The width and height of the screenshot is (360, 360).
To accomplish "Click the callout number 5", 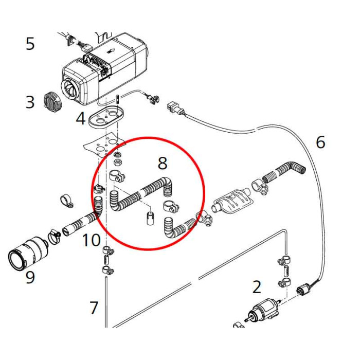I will [x=30, y=44].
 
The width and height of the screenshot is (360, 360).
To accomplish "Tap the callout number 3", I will [x=30, y=102].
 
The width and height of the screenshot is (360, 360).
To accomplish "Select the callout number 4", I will [x=80, y=119].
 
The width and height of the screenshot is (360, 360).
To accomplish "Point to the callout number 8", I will [x=163, y=164].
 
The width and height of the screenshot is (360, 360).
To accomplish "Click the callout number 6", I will [x=320, y=142].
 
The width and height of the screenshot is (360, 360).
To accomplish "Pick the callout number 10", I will [x=91, y=240].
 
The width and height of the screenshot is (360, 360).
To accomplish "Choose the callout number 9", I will [x=30, y=278].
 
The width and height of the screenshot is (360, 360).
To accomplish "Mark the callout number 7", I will [x=94, y=308].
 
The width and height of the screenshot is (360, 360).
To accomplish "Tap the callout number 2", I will [x=257, y=287].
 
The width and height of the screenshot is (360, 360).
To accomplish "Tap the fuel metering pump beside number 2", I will [x=263, y=310].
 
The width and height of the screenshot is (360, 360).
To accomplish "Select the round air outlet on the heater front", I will [x=70, y=88].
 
